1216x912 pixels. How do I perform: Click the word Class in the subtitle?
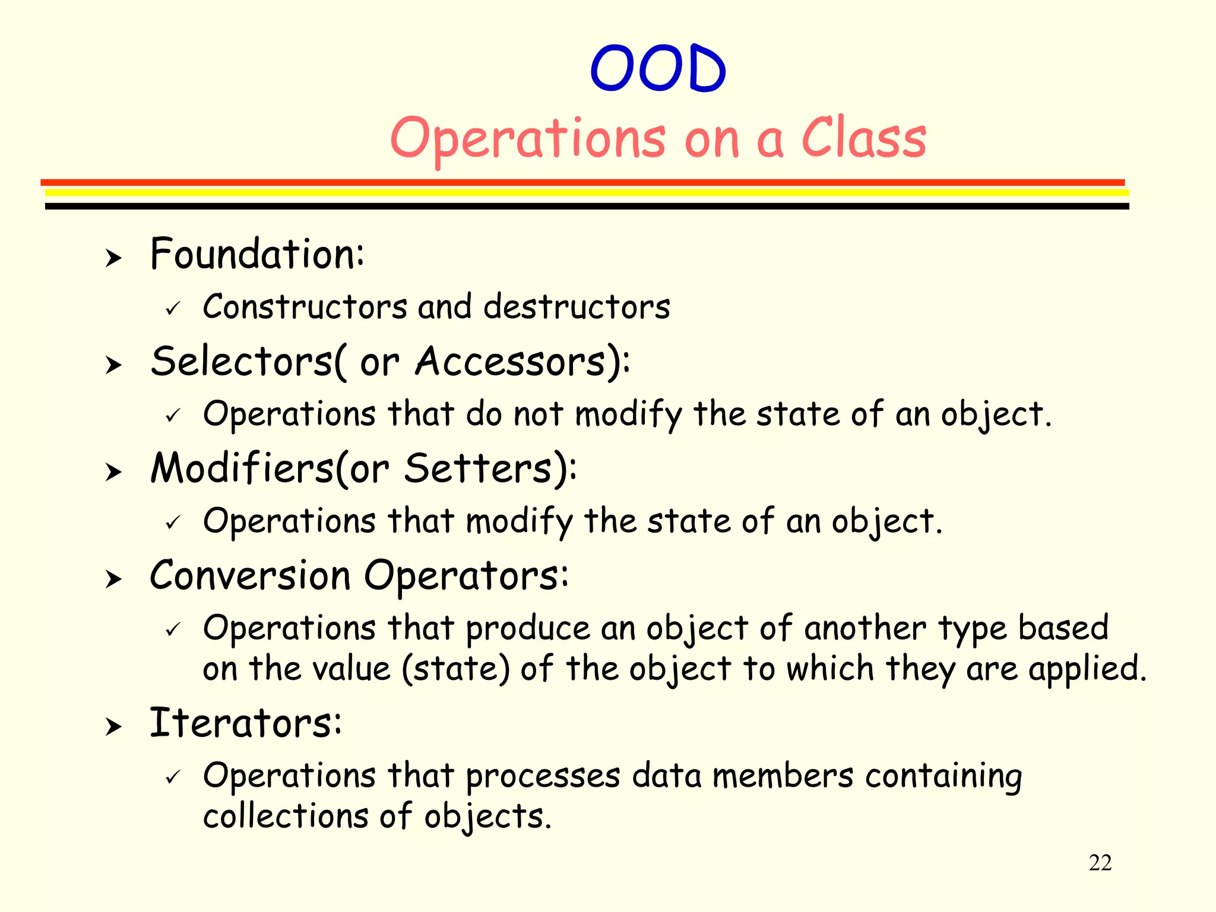[864, 138]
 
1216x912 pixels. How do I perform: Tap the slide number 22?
[1100, 863]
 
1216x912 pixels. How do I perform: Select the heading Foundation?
[256, 254]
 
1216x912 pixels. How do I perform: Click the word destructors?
[577, 307]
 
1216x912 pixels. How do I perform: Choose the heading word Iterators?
[245, 723]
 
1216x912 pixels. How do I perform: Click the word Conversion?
[250, 575]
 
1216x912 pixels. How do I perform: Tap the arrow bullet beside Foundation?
[113, 258]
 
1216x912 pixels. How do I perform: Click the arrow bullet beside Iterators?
[113, 726]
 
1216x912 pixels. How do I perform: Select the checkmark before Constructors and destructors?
[173, 309]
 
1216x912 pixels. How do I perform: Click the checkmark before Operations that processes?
[173, 777]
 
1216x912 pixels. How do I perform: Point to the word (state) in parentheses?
[455, 669]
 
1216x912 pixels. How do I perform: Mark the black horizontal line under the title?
[587, 206]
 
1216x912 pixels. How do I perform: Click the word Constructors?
[305, 307]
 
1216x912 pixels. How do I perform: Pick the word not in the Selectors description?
[538, 414]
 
